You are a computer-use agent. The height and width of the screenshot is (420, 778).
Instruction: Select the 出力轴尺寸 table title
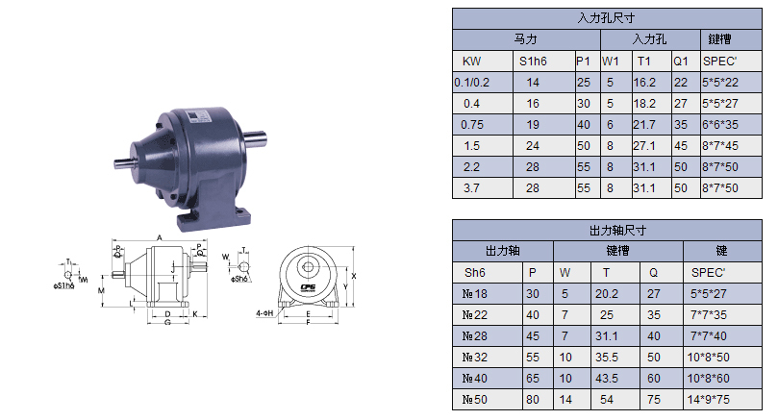(605, 230)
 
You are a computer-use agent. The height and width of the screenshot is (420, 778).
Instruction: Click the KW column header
(471, 61)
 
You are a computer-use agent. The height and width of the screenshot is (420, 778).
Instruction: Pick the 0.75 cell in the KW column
(471, 125)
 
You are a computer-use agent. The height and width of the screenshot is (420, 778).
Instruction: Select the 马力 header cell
(526, 39)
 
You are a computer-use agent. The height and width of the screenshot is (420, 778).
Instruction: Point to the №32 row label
(478, 356)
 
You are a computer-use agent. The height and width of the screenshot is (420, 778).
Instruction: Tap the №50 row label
(478, 399)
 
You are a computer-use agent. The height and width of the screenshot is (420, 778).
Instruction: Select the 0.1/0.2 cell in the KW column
(471, 83)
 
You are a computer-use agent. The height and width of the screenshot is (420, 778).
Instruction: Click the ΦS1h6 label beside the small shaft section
(65, 285)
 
